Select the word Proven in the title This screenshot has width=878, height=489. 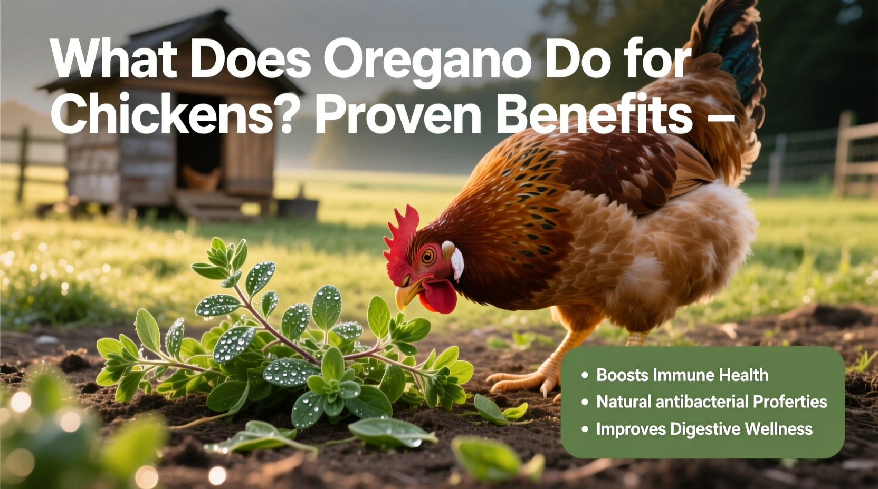pos(397,114)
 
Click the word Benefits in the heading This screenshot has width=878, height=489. pos(594,114)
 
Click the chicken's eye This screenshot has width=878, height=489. pos(427,257)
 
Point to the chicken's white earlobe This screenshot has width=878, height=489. pos(455,260)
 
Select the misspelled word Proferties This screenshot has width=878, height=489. pos(790,402)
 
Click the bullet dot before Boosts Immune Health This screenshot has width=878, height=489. pos(585,375)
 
